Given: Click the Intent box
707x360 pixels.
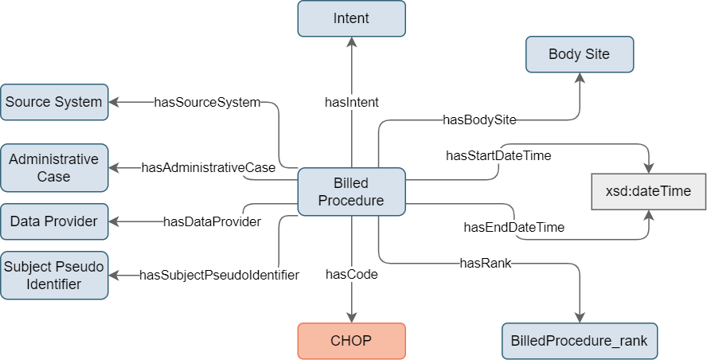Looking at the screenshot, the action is [x=351, y=18].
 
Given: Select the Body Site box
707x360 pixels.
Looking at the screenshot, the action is [x=580, y=54].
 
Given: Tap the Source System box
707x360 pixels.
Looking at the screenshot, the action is [x=54, y=102].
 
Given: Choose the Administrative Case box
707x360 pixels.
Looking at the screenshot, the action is [x=54, y=168].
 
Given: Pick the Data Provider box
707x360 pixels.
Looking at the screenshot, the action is [x=54, y=221].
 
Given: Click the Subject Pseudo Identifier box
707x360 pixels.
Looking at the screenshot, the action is [x=54, y=276].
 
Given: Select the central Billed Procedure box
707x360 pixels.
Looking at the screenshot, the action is [x=351, y=192].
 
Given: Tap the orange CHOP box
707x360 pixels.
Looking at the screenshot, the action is [x=351, y=341].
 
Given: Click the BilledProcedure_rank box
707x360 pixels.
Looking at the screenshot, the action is [x=580, y=341].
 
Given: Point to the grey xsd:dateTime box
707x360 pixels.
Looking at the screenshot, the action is [x=648, y=191].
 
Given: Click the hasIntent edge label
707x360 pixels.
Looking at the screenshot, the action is [x=352, y=103].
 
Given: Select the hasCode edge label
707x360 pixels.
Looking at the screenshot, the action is [x=352, y=274].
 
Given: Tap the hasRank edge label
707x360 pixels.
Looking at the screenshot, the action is [x=486, y=263].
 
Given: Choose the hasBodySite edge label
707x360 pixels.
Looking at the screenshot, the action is [x=479, y=119].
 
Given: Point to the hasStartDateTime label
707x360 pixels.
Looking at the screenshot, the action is [x=498, y=155].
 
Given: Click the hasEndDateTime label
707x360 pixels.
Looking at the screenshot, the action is [x=514, y=227].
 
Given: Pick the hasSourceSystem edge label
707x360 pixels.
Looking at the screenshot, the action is [x=208, y=103].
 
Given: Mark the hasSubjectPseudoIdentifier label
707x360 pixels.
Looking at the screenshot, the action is [x=219, y=275].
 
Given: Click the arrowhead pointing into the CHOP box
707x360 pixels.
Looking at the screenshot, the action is [x=352, y=318].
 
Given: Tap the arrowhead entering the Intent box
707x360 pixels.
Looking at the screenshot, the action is [x=352, y=42].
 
